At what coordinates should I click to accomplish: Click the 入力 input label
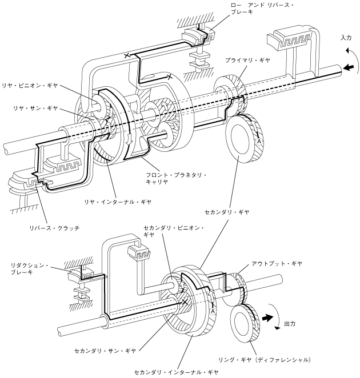coord(346,38)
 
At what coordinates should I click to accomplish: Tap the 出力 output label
coord(290,324)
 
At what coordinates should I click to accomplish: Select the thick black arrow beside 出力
coord(268,318)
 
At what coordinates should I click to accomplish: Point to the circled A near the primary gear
coord(259,141)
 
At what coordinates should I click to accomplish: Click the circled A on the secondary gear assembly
coord(213,311)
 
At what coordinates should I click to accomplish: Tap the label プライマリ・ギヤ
coord(247,61)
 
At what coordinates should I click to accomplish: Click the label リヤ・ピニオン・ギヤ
coord(30,86)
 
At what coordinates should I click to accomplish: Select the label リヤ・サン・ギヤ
coord(35,108)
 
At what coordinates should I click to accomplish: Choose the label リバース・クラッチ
coord(54,228)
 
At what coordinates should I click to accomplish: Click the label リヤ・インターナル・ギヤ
coord(118,202)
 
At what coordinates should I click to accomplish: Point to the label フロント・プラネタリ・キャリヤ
coord(176,178)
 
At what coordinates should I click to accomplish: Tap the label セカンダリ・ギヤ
coord(227,212)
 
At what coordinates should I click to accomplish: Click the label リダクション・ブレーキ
coord(30,269)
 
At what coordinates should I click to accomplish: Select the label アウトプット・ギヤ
coord(277,263)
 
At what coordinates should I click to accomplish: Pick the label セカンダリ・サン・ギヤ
coord(105,351)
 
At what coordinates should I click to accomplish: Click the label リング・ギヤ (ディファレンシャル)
coord(265,360)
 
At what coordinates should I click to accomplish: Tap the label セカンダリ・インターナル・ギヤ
coord(176,372)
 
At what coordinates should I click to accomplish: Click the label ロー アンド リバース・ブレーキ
coord(262,9)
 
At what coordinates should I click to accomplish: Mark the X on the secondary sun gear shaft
coord(185,302)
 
